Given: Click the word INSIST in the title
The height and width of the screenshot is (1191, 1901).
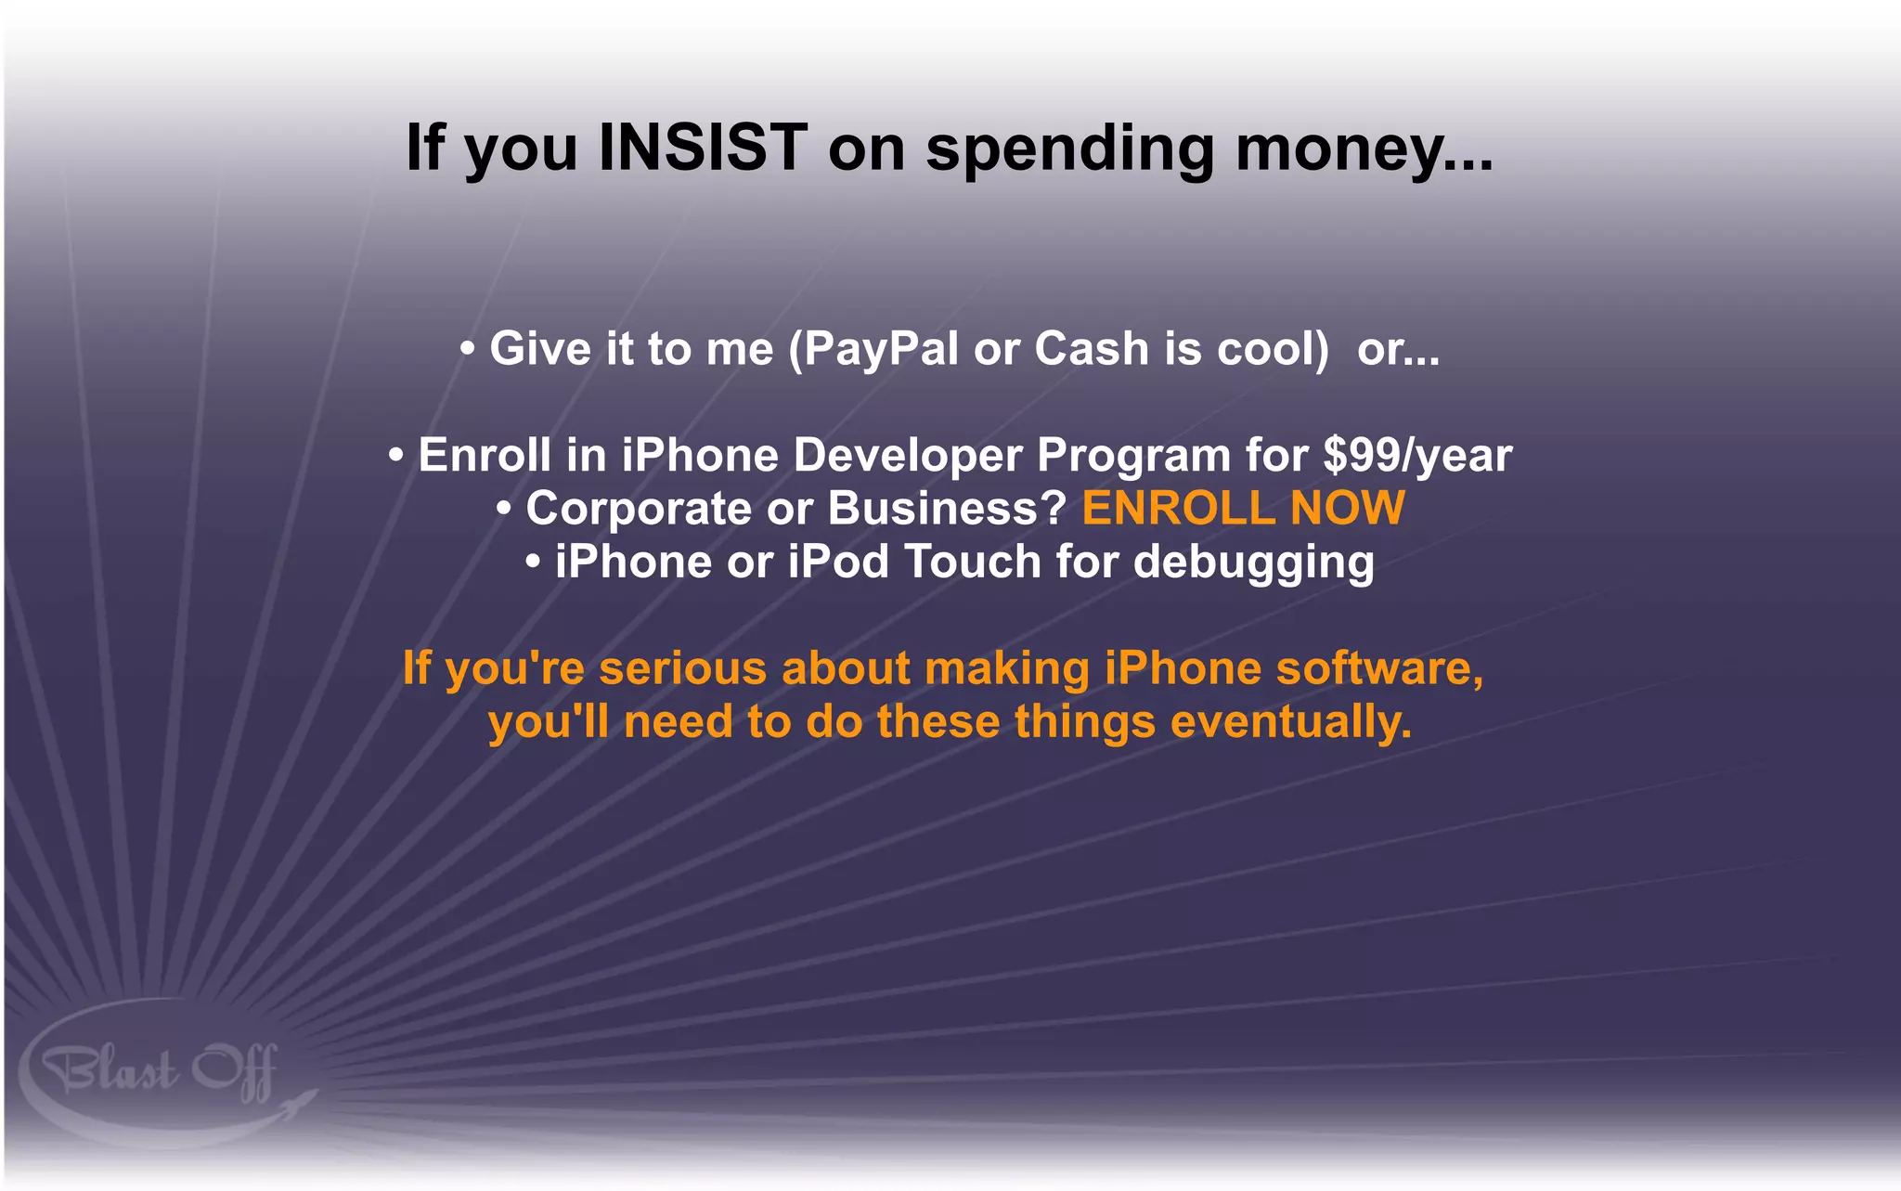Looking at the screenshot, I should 703,148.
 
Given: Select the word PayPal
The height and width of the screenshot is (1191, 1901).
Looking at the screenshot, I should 881,349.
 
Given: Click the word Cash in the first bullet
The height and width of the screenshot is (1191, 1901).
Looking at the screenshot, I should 1092,349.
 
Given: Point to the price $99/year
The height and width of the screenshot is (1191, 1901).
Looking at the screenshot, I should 1417,455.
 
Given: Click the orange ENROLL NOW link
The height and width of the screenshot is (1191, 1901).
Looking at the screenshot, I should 1243,509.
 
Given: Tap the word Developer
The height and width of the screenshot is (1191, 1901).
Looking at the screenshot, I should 907,455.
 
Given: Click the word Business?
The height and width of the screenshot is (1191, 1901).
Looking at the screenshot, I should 946,509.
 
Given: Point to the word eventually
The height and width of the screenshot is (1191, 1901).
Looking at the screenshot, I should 1291,722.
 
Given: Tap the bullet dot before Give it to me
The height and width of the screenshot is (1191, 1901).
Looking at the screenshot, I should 468,350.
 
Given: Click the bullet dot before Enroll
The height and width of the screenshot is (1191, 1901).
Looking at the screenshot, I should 396,456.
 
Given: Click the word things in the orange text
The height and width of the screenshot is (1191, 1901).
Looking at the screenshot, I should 1084,722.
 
